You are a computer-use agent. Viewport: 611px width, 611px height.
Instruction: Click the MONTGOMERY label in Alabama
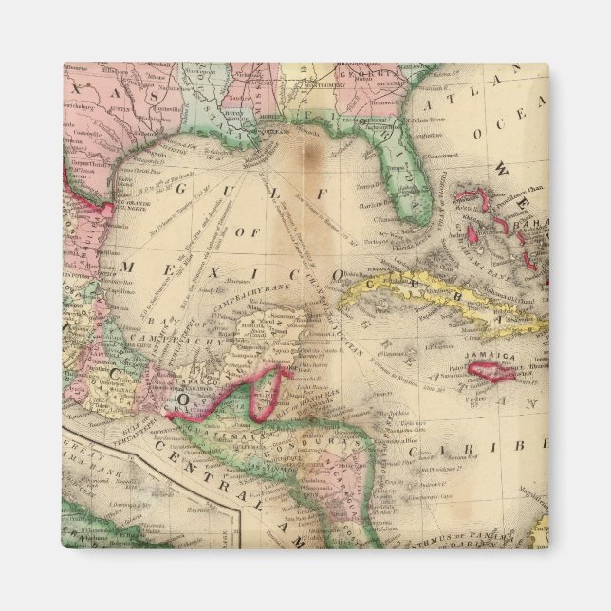click(324, 85)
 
